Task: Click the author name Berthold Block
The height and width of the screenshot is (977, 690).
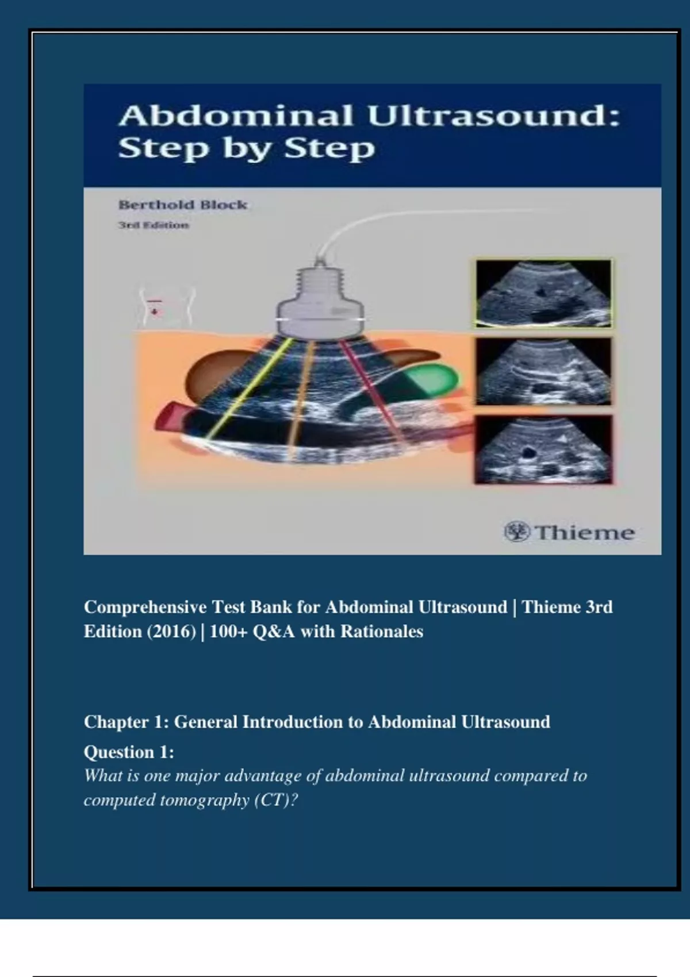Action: tap(183, 205)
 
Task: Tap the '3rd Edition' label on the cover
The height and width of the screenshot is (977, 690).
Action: tap(154, 225)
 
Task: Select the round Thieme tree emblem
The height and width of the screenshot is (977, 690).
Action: tap(517, 532)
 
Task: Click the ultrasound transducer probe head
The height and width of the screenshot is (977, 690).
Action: tap(320, 301)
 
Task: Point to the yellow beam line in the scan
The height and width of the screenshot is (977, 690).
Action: tap(248, 388)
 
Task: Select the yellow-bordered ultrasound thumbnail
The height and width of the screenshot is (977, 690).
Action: tap(543, 293)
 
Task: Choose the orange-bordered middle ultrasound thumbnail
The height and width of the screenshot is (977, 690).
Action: tap(543, 371)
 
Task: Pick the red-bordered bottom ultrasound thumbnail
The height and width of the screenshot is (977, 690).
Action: tap(543, 449)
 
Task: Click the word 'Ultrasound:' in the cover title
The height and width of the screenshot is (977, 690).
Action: tap(493, 117)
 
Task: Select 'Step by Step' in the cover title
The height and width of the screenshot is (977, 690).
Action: tap(247, 148)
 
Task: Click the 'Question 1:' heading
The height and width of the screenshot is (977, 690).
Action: tap(129, 752)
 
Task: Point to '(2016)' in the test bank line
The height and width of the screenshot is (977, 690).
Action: tap(171, 631)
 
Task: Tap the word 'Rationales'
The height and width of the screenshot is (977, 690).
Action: tap(382, 631)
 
